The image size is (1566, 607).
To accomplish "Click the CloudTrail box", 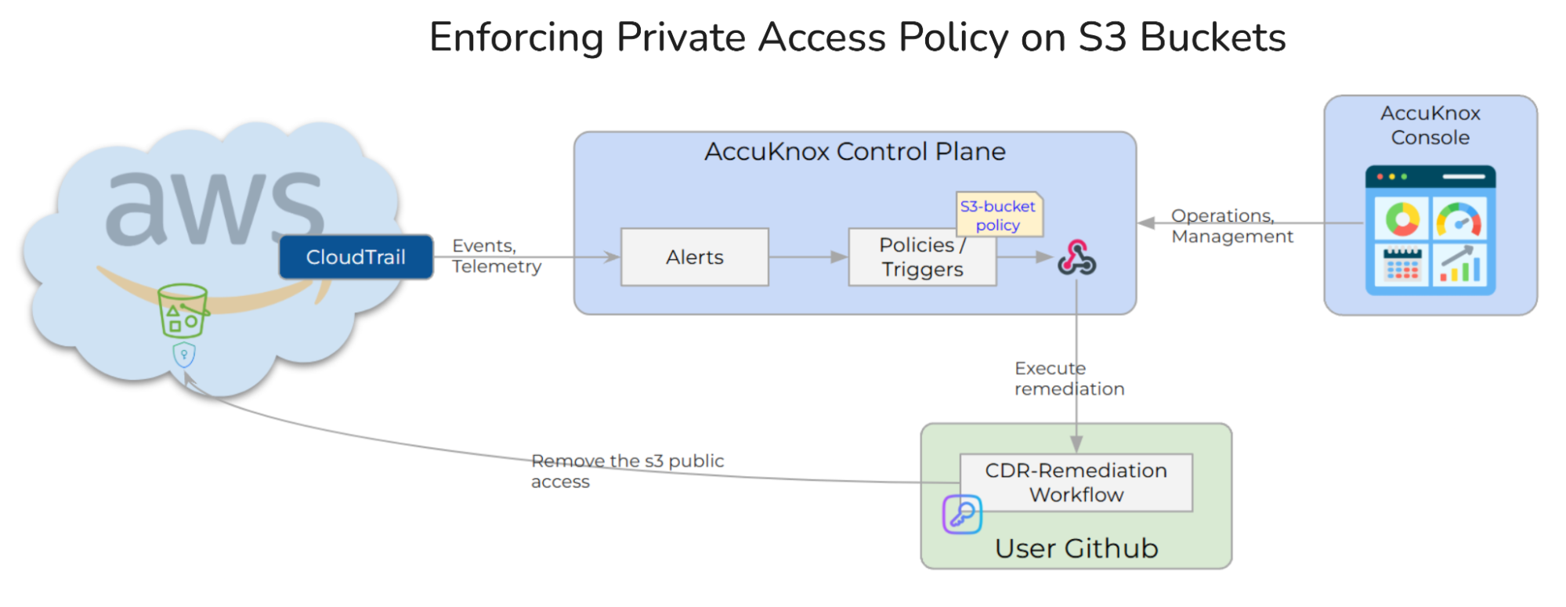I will tap(356, 257).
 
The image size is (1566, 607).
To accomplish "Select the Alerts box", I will tap(694, 257).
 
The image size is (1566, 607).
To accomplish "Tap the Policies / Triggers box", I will tap(922, 257).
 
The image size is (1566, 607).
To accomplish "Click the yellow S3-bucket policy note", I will tap(998, 215).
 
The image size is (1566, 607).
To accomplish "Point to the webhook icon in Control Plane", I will tap(1077, 258).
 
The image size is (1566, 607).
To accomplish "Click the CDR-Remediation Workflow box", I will tap(1076, 482).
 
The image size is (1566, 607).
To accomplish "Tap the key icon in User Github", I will tap(962, 515).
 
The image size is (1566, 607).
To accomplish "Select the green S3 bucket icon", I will tap(183, 310).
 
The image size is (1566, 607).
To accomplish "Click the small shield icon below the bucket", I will tap(184, 355).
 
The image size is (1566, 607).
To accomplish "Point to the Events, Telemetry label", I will tap(496, 256).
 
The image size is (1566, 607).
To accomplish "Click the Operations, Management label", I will tap(1231, 226).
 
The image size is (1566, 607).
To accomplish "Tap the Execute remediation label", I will tap(1069, 378).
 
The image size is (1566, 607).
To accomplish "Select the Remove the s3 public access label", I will tap(627, 471).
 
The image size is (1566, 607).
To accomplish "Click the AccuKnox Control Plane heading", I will tap(854, 151).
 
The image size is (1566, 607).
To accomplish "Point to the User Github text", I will tap(1076, 548).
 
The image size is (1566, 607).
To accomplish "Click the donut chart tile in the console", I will tap(1401, 219).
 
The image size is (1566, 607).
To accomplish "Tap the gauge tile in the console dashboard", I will tap(1459, 219).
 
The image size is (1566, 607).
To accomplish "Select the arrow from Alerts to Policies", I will tap(808, 257).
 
